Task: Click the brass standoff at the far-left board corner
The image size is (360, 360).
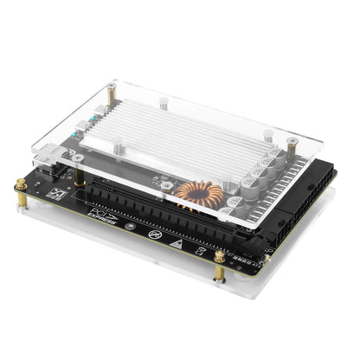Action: tap(20, 185)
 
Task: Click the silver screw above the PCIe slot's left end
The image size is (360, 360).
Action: tap(79, 159)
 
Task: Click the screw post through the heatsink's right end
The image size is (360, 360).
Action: tap(267, 137)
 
